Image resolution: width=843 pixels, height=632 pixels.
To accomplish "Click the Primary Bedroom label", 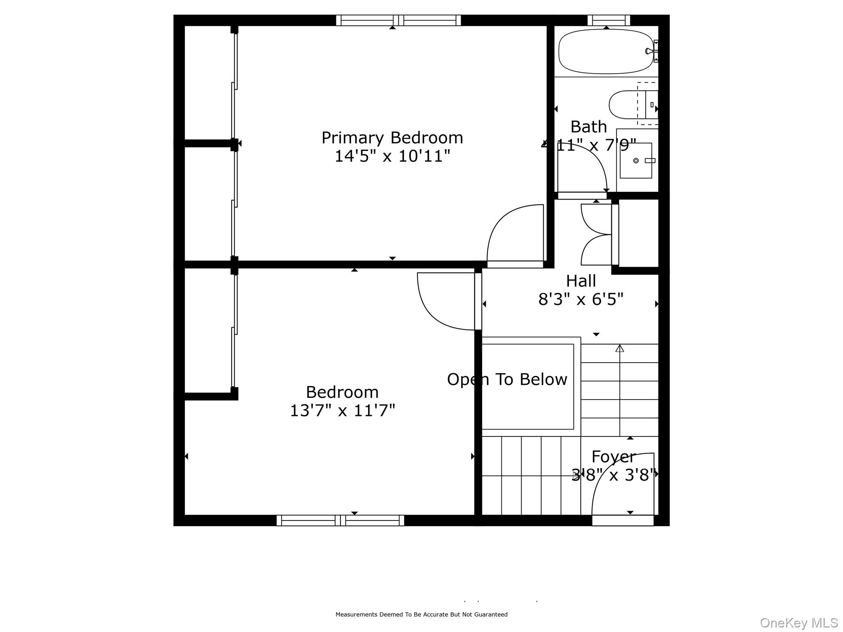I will coord(392,138).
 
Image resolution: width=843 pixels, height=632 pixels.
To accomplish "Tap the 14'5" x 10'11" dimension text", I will coord(392,156).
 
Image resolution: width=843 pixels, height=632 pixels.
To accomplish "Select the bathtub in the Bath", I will coord(605,51).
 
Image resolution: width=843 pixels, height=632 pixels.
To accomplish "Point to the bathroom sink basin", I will coord(636,160).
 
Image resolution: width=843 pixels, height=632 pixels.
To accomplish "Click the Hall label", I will coord(581,281).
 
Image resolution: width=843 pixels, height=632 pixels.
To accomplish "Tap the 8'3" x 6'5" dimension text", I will coord(581,300).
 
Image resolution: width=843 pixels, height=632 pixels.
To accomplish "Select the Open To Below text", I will coord(507,379).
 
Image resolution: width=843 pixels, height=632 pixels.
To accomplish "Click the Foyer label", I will coord(613,457).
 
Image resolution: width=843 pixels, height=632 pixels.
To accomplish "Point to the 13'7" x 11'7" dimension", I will coord(342,411).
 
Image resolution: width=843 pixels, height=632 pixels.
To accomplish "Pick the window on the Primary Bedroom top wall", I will coord(398,20).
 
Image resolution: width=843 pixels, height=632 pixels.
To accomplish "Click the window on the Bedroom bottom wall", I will coord(340,520).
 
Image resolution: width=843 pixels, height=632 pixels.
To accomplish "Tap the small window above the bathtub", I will coord(608,20).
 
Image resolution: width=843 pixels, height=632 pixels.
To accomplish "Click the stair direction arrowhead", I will coord(619,349).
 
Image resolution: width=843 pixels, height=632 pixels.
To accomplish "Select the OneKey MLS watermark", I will coord(799,623).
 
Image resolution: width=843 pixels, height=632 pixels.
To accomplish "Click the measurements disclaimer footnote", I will coord(421,615).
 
